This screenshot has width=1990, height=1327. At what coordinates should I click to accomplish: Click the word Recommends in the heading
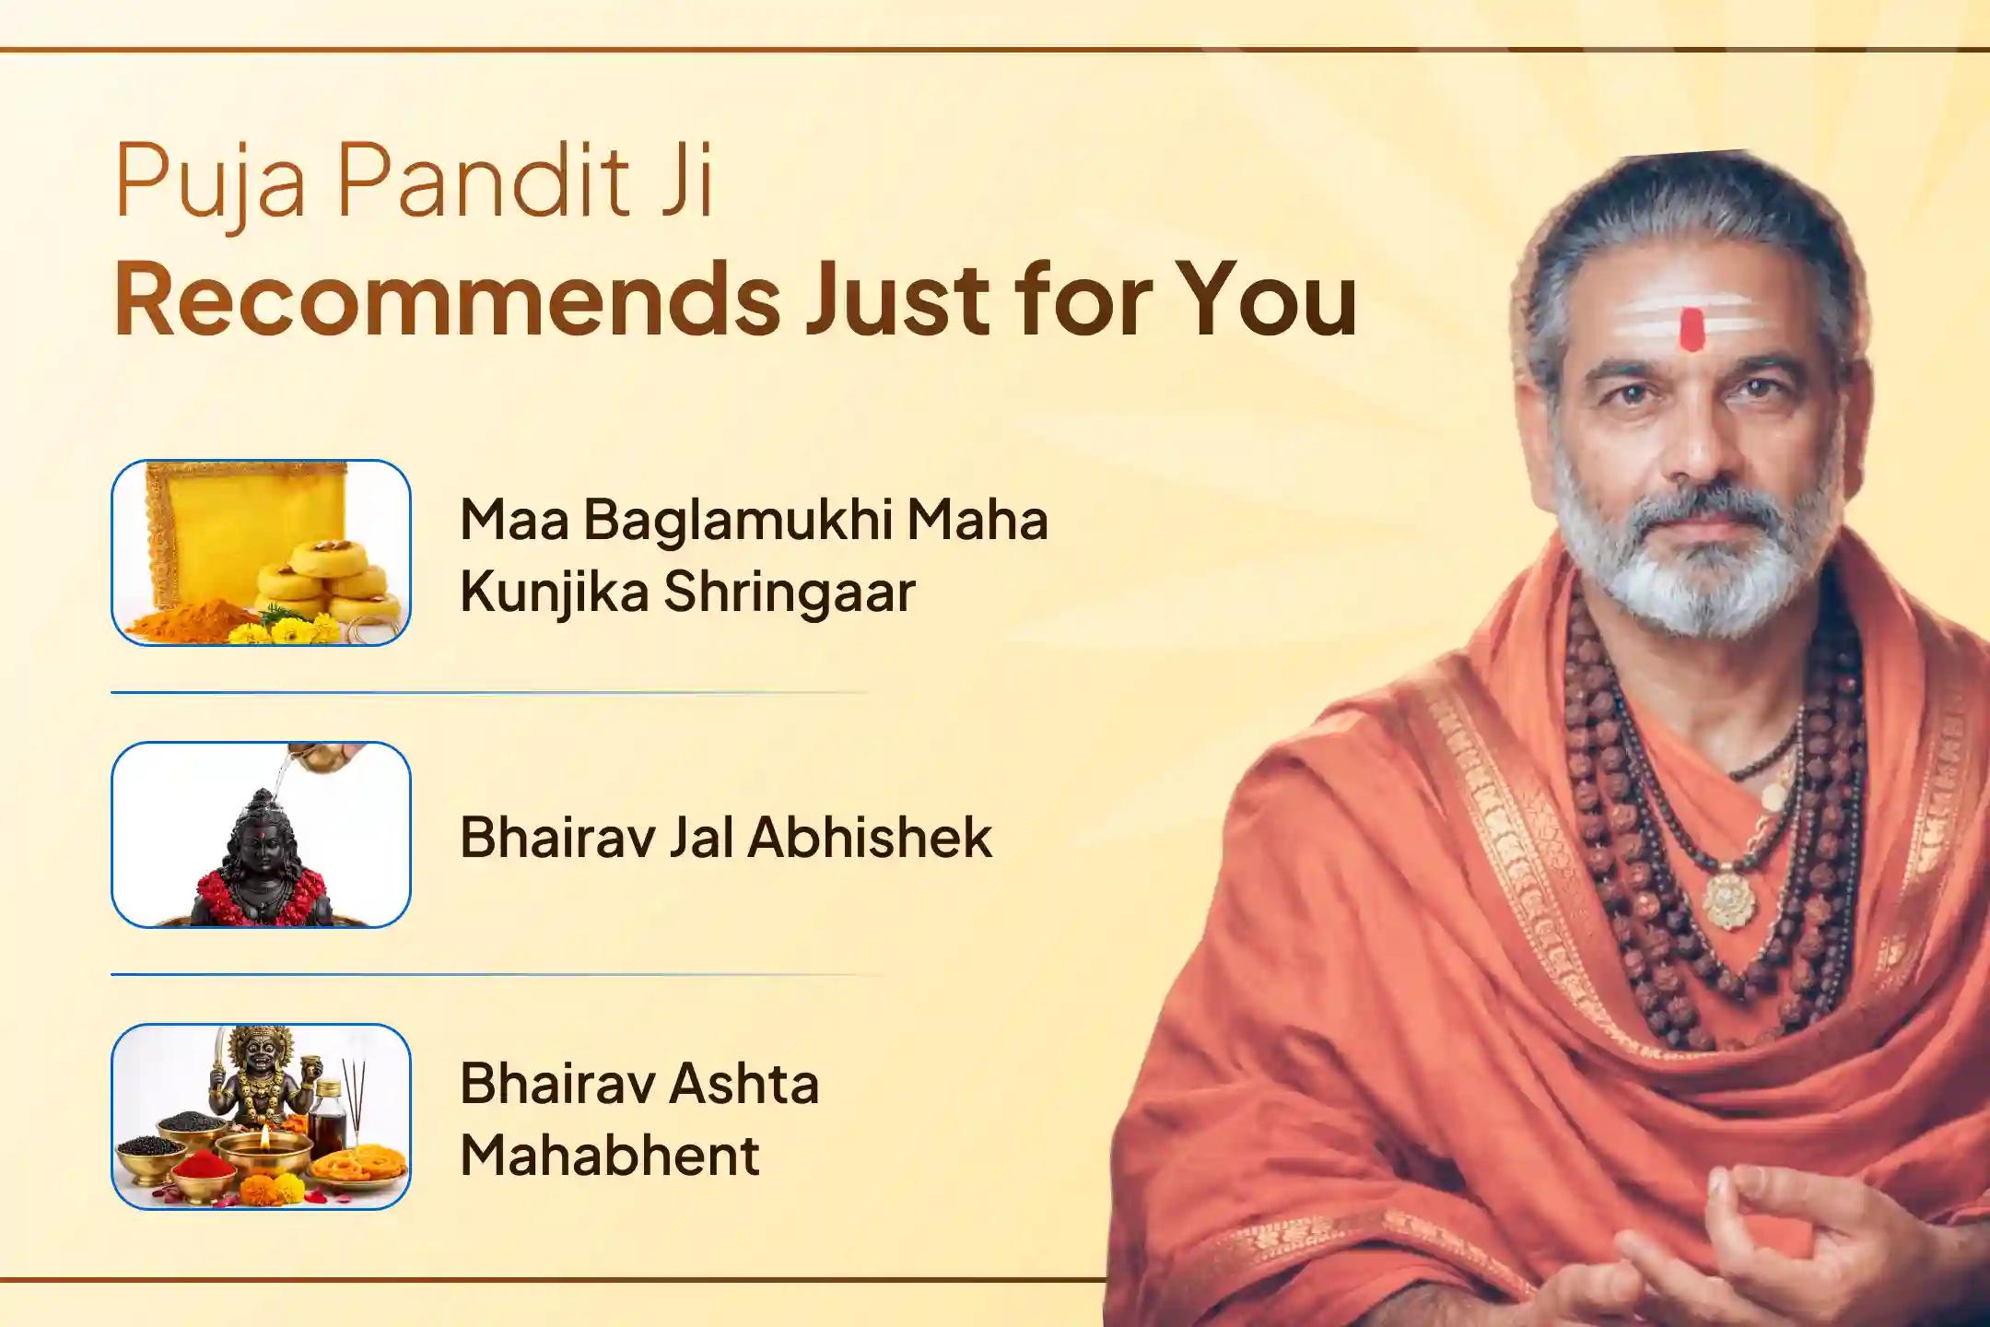click(x=448, y=299)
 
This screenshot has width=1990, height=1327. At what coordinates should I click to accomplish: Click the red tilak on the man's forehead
click(x=1691, y=329)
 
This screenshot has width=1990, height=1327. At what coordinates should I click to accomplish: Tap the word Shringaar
click(x=790, y=593)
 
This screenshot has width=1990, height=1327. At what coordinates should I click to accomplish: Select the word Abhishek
click(x=870, y=838)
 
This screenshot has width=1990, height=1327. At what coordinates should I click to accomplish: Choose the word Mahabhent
click(x=610, y=1156)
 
